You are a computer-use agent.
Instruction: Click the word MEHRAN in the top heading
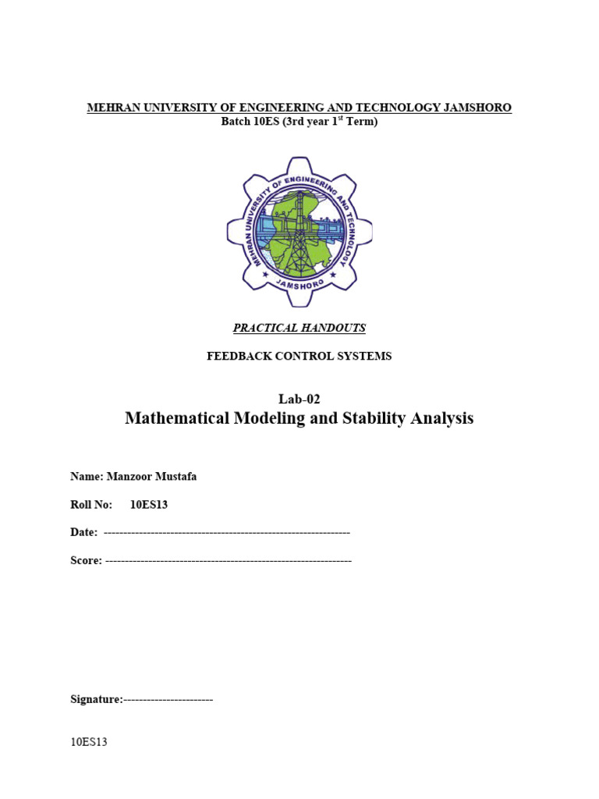pyautogui.click(x=109, y=108)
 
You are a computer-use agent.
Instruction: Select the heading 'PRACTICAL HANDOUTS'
pyautogui.click(x=299, y=328)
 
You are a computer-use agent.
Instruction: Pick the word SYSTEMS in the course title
pyautogui.click(x=366, y=357)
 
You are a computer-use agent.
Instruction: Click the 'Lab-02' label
pyautogui.click(x=299, y=399)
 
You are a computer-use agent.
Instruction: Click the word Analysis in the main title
pyautogui.click(x=445, y=419)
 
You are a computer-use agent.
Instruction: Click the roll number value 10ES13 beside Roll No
pyautogui.click(x=149, y=505)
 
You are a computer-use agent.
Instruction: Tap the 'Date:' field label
pyautogui.click(x=84, y=532)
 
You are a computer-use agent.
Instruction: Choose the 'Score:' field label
pyautogui.click(x=86, y=561)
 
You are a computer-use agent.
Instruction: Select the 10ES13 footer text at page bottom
pyautogui.click(x=88, y=743)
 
